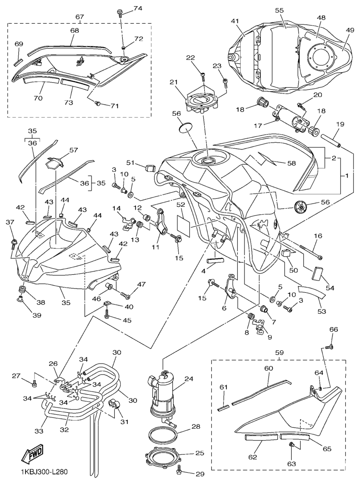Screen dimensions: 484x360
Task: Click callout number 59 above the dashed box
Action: (280, 352)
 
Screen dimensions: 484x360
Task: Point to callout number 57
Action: (73, 150)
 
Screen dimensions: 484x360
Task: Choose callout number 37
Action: (9, 222)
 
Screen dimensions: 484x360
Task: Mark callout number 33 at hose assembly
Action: (39, 431)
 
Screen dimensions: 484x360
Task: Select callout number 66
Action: (334, 330)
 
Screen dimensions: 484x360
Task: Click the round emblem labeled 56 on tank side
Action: (301, 206)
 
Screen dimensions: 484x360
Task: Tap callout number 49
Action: (350, 30)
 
